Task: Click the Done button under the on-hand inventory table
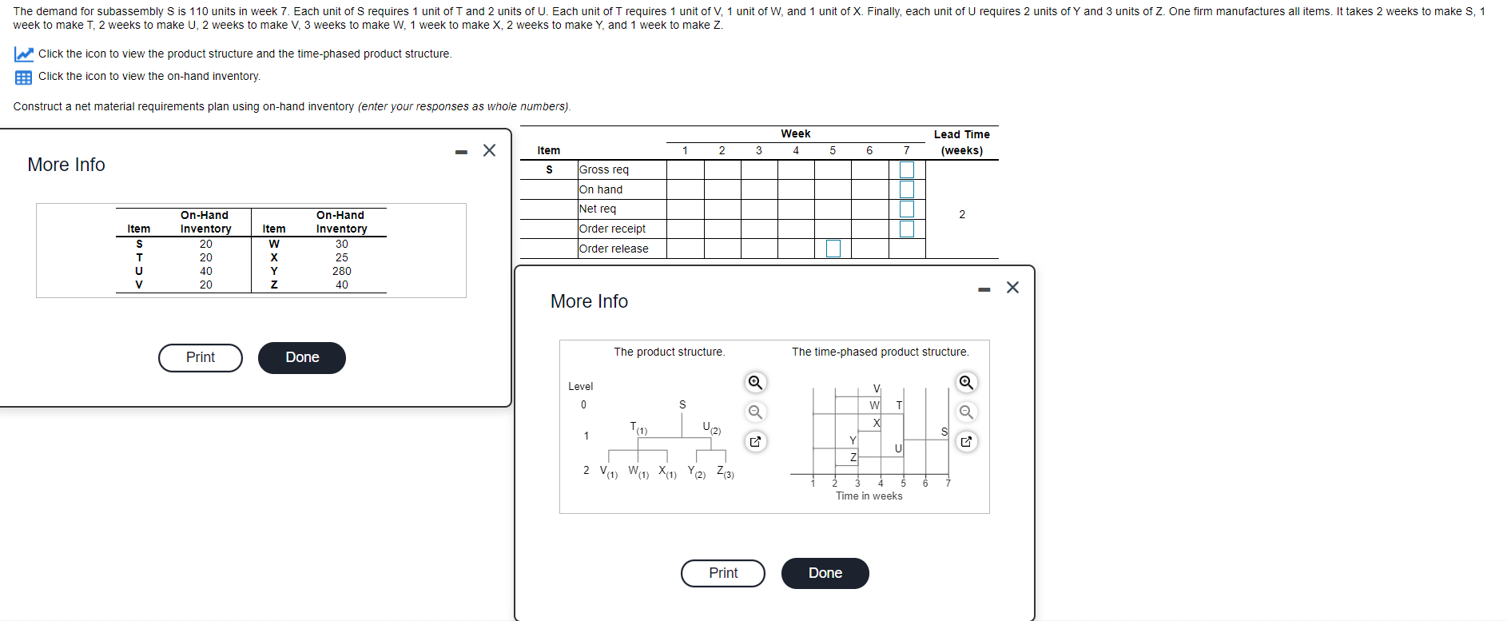302,357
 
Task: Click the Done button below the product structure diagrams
825,573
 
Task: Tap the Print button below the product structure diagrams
723,573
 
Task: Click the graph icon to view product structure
23,54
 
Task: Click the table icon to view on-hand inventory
23,77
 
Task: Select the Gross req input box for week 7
907,169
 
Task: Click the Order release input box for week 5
833,249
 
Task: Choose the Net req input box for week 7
907,209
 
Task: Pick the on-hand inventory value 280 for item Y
342,271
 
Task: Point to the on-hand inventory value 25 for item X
342,257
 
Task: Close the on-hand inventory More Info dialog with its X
490,150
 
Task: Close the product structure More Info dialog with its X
1012,287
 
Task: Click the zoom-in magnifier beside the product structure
755,382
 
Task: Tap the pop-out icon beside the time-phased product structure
966,441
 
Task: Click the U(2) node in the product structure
711,428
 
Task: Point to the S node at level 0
682,404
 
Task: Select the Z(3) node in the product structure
725,472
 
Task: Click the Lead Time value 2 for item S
962,214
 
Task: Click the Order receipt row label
612,229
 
